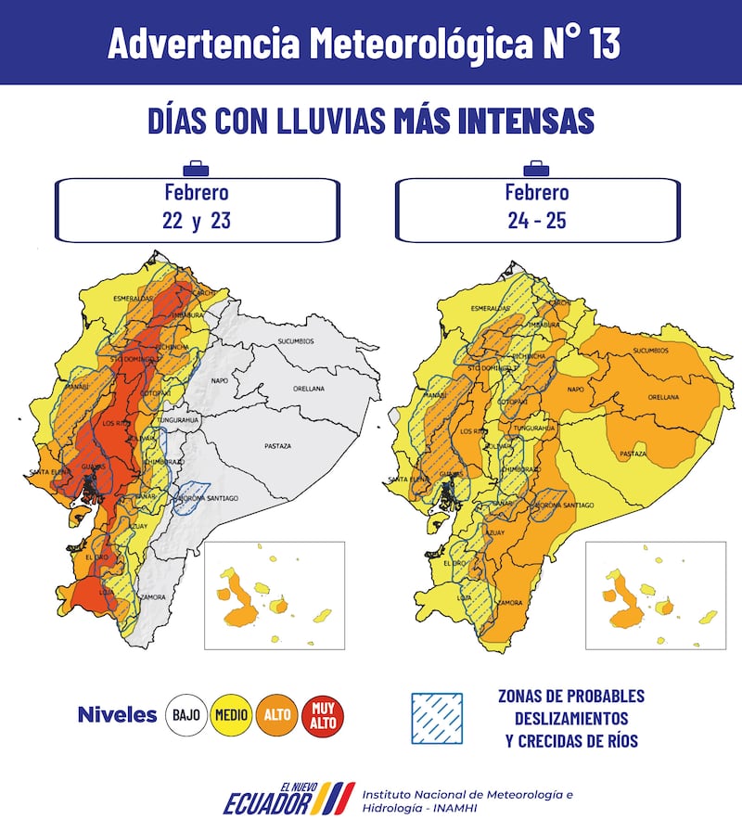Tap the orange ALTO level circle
(277, 715)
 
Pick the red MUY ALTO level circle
(322, 715)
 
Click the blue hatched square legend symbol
(438, 718)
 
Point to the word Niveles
(117, 715)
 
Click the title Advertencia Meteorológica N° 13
(364, 43)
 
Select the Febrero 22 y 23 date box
(197, 209)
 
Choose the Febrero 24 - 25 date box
(537, 209)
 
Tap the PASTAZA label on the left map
(277, 446)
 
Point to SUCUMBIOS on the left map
(296, 342)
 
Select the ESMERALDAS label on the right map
(491, 308)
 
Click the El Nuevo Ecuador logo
(288, 799)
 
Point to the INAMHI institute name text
(467, 801)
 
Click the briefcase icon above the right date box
(535, 168)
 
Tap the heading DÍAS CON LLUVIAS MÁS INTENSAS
(371, 121)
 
